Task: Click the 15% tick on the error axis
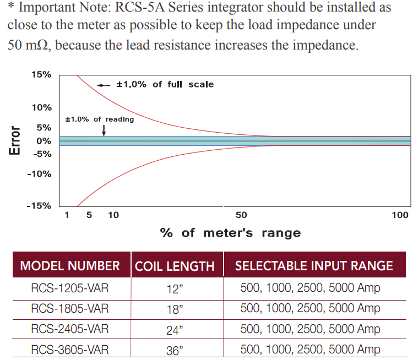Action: [41, 74]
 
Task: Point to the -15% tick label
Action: [40, 206]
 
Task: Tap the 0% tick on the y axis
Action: [44, 141]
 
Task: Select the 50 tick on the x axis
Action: [241, 215]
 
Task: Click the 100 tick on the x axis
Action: [400, 215]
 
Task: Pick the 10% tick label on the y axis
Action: [41, 107]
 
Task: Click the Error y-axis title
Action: [15, 141]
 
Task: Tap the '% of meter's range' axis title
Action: [230, 232]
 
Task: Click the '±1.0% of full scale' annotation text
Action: [165, 84]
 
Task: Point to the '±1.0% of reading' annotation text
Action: [100, 119]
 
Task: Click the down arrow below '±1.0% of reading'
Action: [104, 130]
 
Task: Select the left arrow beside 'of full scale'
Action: [104, 85]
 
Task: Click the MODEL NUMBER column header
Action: [70, 266]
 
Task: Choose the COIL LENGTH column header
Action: [175, 266]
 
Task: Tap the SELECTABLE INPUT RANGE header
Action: [314, 265]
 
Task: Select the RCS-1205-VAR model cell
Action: [70, 288]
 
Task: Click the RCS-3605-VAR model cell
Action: [70, 349]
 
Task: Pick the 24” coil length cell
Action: [175, 330]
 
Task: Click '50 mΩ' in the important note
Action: [29, 45]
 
